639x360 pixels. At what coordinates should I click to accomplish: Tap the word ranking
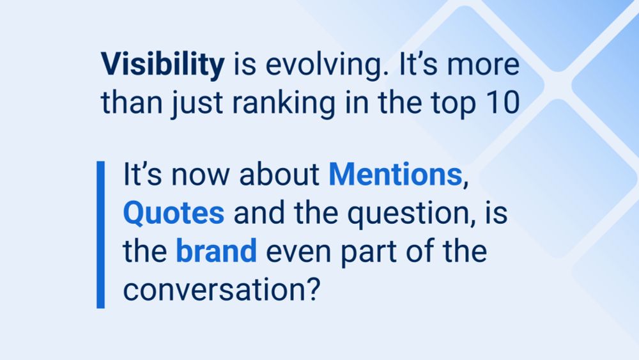coord(284,104)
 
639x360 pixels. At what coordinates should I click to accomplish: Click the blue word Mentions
coord(396,175)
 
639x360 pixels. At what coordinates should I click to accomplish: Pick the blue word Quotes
coord(174,213)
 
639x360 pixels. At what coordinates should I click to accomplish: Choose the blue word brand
coord(217,250)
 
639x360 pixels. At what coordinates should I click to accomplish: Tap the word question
coord(408,214)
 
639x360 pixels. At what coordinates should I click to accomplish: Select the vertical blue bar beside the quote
coord(101,235)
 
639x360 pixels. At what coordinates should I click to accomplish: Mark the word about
coord(279,175)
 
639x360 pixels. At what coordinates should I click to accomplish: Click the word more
coord(483,66)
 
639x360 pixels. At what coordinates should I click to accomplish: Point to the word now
coord(200,176)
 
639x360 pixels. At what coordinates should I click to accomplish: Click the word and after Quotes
coord(259,213)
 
